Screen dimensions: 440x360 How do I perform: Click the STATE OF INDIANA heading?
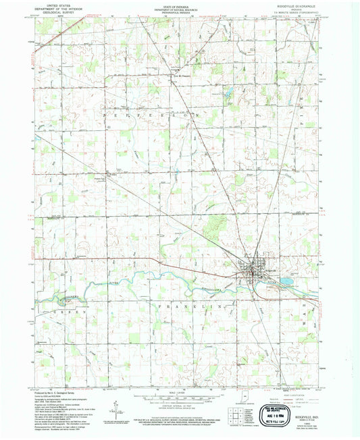coord(180,5)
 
